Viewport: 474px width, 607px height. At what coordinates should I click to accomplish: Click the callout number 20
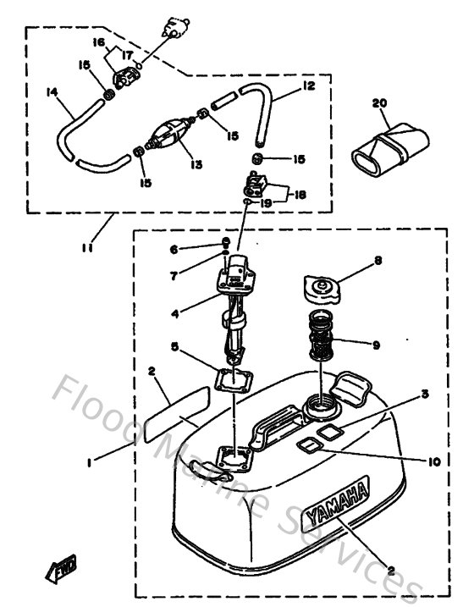point(378,103)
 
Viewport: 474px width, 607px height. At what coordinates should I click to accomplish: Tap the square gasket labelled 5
point(233,378)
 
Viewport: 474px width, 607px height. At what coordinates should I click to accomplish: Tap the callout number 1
point(88,462)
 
